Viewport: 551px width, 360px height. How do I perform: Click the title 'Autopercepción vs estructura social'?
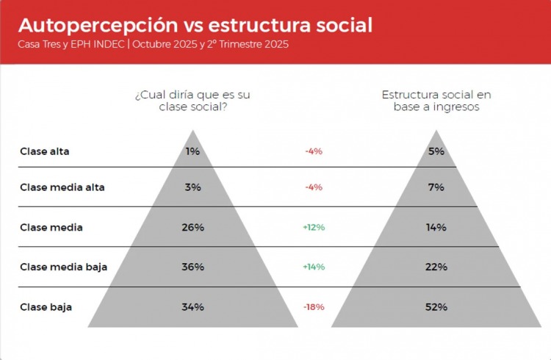click(x=195, y=24)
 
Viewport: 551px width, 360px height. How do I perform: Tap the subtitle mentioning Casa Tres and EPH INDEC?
click(x=153, y=44)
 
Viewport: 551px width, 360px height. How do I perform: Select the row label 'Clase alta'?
click(x=45, y=151)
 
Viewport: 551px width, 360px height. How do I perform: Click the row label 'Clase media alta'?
click(x=62, y=187)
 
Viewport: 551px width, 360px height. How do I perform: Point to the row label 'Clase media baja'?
click(x=63, y=267)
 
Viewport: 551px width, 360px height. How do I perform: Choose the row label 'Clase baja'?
click(x=46, y=307)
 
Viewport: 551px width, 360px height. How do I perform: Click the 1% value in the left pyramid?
click(x=192, y=151)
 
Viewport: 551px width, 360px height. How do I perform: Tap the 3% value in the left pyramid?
click(x=192, y=187)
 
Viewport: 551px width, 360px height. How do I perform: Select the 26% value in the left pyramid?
click(x=192, y=227)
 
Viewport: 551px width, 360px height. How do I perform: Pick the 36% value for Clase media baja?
click(x=192, y=267)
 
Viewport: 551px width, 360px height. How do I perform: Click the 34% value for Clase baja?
click(x=192, y=307)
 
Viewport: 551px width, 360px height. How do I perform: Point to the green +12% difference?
click(x=314, y=227)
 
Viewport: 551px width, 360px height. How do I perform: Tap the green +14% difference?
click(x=314, y=267)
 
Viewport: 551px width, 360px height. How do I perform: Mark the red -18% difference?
click(x=314, y=307)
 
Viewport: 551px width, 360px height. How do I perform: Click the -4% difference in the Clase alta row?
click(x=314, y=151)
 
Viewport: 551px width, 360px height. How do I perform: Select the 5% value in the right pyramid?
click(x=436, y=151)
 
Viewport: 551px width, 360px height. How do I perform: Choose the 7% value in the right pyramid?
click(x=436, y=187)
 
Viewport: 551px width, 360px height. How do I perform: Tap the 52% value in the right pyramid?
click(x=436, y=307)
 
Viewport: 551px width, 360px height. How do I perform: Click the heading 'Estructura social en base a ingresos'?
click(x=436, y=101)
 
